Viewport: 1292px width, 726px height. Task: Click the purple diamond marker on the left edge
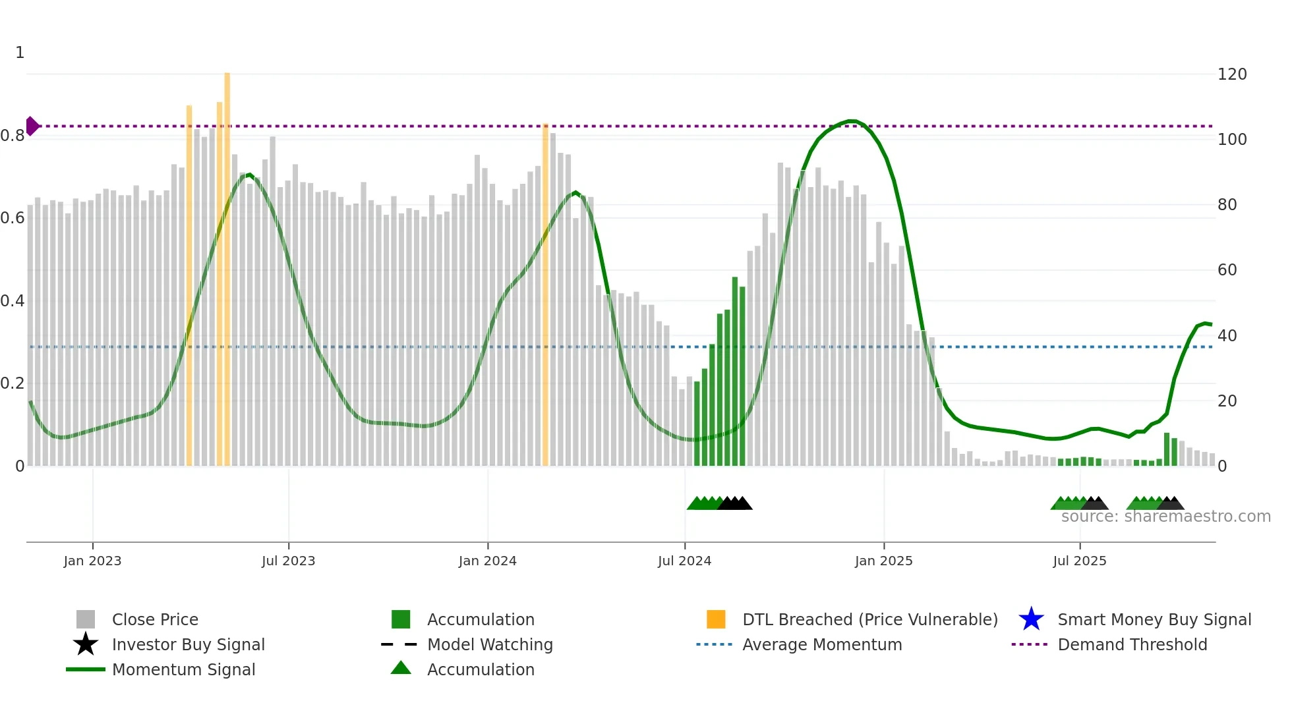click(32, 126)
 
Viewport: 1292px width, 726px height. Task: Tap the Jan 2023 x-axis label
click(92, 561)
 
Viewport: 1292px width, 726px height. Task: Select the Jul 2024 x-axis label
click(684, 561)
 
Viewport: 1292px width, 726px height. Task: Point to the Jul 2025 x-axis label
click(1079, 561)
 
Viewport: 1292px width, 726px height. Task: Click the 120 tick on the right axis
click(1231, 74)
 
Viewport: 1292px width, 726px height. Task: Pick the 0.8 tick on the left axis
click(13, 136)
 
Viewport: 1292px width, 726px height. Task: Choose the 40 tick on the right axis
click(1227, 335)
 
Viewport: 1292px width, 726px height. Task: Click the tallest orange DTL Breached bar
click(227, 264)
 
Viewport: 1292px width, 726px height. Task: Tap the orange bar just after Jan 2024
click(545, 296)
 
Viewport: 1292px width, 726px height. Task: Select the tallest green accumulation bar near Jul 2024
click(735, 369)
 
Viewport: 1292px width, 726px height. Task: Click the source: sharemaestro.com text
click(1165, 517)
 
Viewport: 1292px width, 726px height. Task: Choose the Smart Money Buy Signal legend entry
click(1154, 619)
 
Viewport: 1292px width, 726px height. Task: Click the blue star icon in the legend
click(1031, 619)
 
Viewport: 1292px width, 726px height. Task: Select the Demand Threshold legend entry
click(1132, 644)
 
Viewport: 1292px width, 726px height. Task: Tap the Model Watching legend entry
click(489, 644)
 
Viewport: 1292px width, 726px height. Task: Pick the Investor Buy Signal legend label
click(188, 644)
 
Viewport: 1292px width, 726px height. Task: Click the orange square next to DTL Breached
click(716, 619)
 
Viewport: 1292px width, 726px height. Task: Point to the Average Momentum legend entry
click(821, 644)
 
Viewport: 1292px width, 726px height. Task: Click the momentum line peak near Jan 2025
click(851, 121)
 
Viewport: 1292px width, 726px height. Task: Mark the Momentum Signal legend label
click(183, 669)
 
